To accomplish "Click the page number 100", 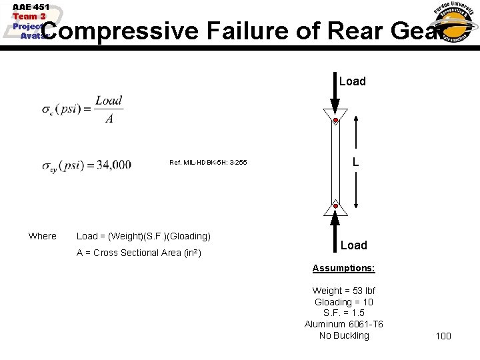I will click(443, 336).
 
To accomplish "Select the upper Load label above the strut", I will click(353, 81).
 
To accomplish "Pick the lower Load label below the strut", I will click(354, 245).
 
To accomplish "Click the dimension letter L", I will click(356, 162).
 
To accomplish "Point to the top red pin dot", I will click(335, 121).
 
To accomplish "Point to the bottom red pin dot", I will click(335, 207).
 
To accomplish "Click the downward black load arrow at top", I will click(335, 93).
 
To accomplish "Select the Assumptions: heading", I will click(344, 268).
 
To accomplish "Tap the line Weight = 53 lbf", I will click(344, 291).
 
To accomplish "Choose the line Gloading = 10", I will click(344, 302).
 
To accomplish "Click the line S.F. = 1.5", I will click(344, 313).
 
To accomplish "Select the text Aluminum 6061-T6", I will click(344, 325).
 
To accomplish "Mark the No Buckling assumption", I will click(344, 335).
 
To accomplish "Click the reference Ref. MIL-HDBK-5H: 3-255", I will click(208, 163).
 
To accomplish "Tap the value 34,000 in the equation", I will click(114, 165).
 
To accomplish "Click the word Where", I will click(43, 236).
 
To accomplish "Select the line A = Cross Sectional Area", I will click(139, 253).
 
